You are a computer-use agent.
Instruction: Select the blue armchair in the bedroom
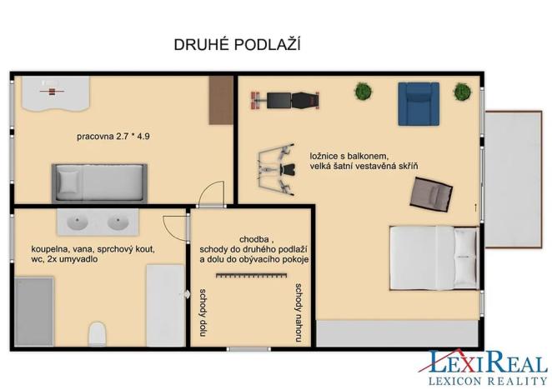click(417, 103)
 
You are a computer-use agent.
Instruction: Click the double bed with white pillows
click(434, 256)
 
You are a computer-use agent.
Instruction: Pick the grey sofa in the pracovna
click(99, 180)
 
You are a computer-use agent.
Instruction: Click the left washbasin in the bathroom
click(77, 223)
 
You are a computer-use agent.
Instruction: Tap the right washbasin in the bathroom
click(117, 223)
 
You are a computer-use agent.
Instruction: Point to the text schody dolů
click(202, 315)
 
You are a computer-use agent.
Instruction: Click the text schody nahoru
click(298, 312)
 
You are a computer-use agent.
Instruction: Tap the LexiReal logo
click(488, 367)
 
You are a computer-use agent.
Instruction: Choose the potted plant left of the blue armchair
click(363, 91)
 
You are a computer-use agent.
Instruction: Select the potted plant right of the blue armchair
click(461, 92)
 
